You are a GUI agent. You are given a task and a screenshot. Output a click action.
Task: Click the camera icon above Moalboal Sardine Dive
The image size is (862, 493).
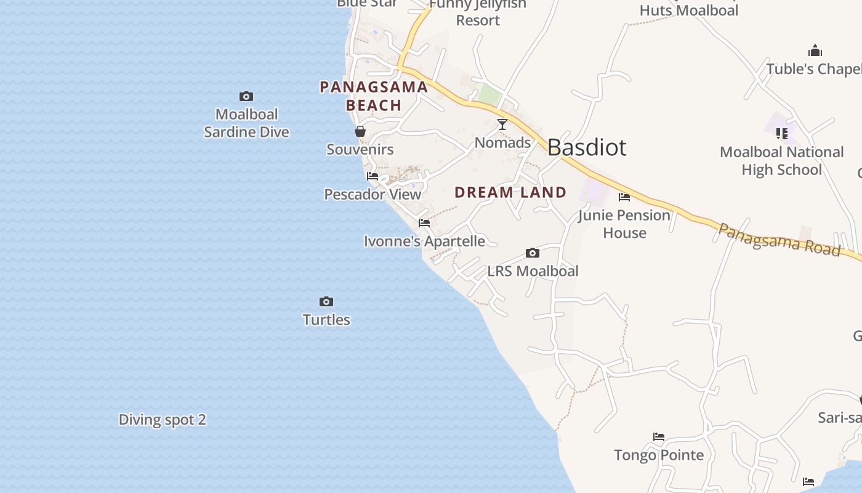click(x=246, y=97)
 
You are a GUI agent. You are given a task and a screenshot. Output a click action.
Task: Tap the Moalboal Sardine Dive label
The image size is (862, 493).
click(x=246, y=123)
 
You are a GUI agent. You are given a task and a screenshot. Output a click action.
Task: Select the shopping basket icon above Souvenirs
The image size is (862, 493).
click(x=360, y=131)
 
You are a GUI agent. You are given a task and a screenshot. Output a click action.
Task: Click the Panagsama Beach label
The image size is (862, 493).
click(x=374, y=96)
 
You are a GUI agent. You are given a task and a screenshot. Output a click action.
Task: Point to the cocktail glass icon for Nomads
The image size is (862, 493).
click(x=502, y=124)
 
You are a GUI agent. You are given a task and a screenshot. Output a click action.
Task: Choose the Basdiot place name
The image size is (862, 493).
click(x=586, y=148)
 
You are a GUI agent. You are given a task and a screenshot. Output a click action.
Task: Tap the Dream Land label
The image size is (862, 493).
click(x=510, y=192)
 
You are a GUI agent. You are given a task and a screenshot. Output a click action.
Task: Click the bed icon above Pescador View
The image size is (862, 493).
click(x=373, y=176)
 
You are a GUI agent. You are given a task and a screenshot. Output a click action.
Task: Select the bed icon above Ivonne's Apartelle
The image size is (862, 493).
click(x=424, y=223)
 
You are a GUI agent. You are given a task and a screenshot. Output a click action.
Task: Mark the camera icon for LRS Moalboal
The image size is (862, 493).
click(x=533, y=253)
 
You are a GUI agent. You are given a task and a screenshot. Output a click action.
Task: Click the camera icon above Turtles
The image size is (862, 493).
click(x=326, y=302)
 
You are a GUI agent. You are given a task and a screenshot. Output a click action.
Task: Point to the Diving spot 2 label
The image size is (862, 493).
click(x=163, y=420)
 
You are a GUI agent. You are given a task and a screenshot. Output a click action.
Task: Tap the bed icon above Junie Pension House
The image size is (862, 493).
click(x=624, y=197)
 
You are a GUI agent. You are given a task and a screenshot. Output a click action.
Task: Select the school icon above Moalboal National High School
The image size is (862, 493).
click(x=782, y=133)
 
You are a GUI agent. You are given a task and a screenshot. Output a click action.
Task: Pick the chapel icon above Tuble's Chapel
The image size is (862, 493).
click(x=815, y=51)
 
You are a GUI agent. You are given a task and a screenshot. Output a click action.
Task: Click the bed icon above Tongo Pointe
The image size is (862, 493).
click(x=659, y=437)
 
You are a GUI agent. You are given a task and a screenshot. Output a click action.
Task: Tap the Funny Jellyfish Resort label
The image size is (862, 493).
click(x=478, y=12)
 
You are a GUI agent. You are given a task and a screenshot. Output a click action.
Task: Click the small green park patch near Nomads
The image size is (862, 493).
click(x=489, y=95)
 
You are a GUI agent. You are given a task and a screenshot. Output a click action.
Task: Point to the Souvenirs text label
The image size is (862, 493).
click(x=360, y=150)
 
